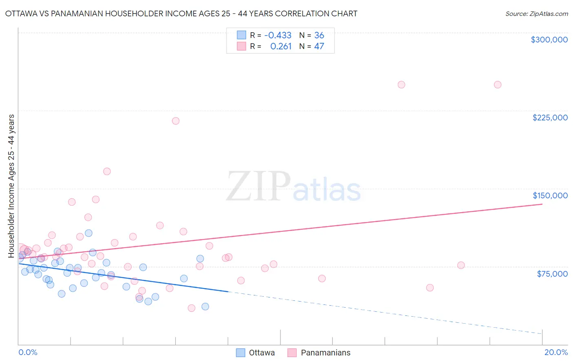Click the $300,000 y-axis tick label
tap(549, 40)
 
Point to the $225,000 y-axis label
tap(550, 118)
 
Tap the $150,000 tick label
tap(550, 195)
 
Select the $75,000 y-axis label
tap(552, 274)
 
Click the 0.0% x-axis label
tap(28, 352)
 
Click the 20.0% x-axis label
tap(556, 352)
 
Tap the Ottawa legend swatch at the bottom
tap(240, 353)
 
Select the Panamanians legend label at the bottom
tap(325, 353)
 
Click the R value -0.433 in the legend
tap(278, 36)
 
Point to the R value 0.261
tap(281, 47)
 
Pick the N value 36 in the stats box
tap(319, 36)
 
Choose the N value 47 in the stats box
tap(319, 47)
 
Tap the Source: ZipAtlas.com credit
tap(536, 13)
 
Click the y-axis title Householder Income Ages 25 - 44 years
tap(11, 186)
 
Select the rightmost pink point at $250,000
tap(497, 85)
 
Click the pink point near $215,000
tap(176, 121)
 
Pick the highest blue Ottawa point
tap(88, 233)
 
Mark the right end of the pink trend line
tap(542, 204)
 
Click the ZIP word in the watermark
tap(258, 186)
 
